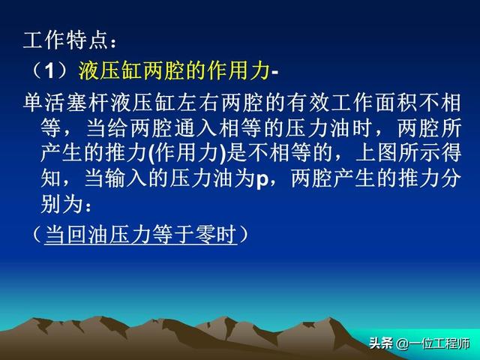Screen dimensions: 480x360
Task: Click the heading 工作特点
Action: coord(66,40)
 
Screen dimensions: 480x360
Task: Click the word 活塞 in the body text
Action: coord(66,103)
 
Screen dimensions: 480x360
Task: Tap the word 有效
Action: coord(307,103)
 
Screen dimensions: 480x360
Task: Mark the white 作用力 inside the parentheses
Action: coord(187,153)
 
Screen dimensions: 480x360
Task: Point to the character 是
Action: coord(236,153)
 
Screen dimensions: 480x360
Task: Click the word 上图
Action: coord(376,153)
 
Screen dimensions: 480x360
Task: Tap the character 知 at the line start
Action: coord(50,178)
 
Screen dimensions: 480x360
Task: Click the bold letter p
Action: coord(262,180)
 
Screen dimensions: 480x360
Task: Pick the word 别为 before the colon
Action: coord(61,203)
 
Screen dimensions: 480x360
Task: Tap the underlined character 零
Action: coord(205,235)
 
